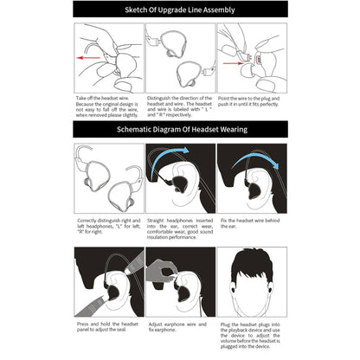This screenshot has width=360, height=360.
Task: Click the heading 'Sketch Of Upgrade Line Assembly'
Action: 179,10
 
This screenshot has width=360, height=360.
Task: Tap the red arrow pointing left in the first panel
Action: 95,60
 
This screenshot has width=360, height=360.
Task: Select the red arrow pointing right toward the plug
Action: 240,61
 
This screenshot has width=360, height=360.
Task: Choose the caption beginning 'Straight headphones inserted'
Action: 180,229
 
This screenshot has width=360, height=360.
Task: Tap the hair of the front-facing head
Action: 251,264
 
